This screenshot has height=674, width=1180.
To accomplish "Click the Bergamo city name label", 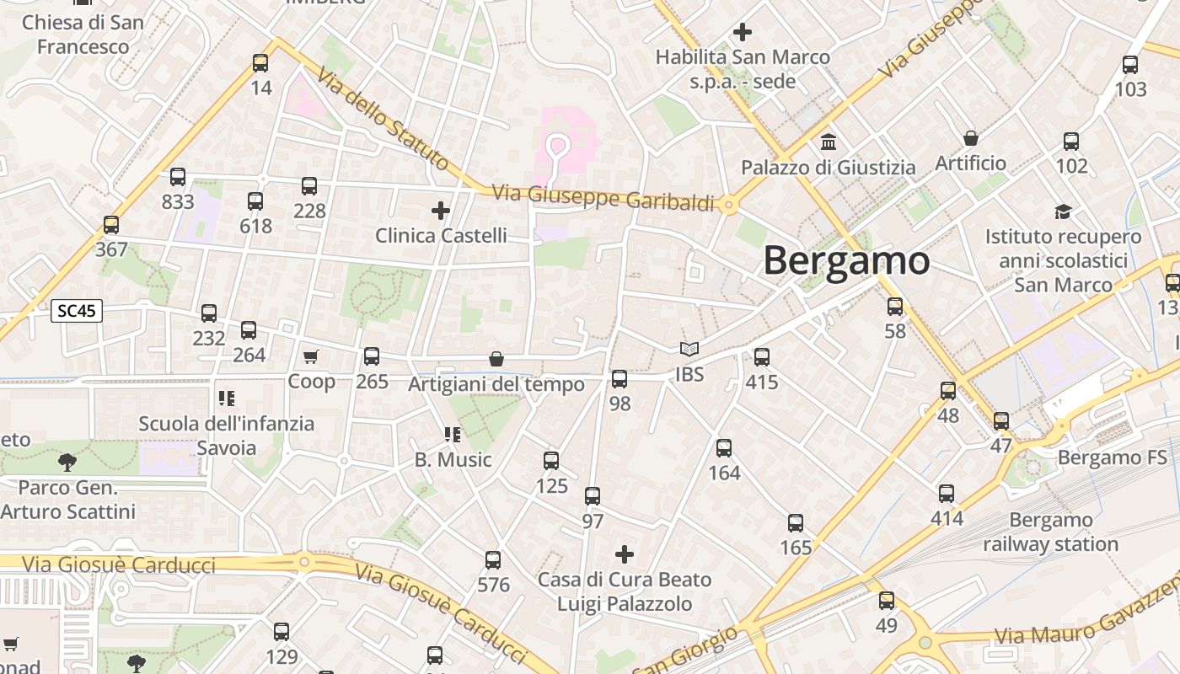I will click(x=846, y=261).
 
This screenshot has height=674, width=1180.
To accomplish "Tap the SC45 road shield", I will click(x=77, y=311).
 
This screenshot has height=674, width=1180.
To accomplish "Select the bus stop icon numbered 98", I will click(x=619, y=379).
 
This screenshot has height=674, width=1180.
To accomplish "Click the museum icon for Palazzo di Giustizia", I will click(x=828, y=142).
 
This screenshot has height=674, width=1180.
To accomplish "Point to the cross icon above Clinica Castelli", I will click(x=440, y=210).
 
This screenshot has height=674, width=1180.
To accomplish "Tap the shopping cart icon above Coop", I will click(x=311, y=357).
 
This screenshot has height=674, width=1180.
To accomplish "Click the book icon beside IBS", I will click(x=689, y=350).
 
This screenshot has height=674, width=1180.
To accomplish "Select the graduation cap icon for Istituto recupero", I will click(x=1063, y=211).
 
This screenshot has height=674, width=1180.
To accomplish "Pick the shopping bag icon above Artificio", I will click(x=971, y=138).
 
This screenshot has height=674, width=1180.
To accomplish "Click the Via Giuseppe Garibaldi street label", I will click(x=603, y=197).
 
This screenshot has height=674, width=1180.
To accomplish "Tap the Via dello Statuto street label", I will click(x=382, y=118).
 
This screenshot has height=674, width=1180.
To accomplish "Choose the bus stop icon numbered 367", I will click(x=111, y=225).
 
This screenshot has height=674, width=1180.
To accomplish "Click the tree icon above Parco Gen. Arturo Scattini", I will click(x=67, y=462).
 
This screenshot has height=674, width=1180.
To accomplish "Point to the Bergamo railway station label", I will click(x=1050, y=532).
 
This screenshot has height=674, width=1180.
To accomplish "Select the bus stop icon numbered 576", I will click(x=493, y=560).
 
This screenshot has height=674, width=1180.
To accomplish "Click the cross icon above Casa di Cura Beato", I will click(x=624, y=554).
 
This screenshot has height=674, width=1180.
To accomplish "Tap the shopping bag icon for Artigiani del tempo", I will click(x=496, y=360).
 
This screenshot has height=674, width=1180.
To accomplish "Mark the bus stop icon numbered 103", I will click(x=1130, y=65).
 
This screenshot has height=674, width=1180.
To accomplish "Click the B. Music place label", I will click(x=453, y=460).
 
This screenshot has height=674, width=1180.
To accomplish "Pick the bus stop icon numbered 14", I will click(x=260, y=63).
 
